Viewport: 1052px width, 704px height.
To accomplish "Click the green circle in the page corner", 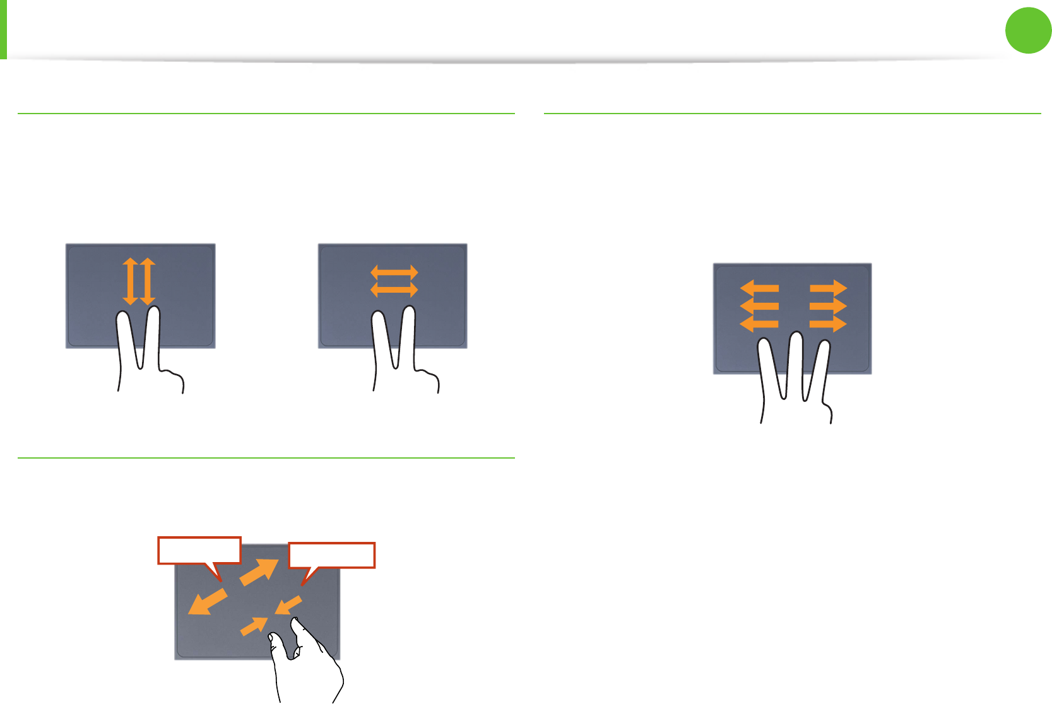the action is point(1028,30).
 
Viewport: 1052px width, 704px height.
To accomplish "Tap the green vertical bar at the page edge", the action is point(3,29).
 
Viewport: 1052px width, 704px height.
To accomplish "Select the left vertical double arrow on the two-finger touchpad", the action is point(131,281).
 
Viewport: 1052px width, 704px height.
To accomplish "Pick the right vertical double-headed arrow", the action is point(148,281).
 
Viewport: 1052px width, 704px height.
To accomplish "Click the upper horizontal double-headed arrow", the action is point(394,273).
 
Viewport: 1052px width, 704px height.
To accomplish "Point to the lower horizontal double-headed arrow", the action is point(394,289).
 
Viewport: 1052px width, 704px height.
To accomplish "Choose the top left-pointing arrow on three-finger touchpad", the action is point(759,289).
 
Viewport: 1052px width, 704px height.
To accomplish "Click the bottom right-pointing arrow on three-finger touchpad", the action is point(827,324).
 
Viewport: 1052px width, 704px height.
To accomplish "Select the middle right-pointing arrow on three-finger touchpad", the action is point(827,307).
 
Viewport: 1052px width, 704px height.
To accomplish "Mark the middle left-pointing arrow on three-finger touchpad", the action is point(759,307).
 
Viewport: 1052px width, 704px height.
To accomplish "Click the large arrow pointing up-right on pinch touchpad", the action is point(259,572).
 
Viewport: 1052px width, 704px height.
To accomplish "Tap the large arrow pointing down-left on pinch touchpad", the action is point(208,601).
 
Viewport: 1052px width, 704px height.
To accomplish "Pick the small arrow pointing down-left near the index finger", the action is point(288,606).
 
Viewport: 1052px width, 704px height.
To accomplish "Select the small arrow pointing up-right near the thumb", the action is point(254,626).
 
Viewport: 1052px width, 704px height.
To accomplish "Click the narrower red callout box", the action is point(199,550).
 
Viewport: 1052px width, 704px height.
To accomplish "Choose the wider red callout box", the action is point(332,555).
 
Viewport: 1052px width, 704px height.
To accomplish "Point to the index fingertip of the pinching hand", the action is point(295,624).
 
